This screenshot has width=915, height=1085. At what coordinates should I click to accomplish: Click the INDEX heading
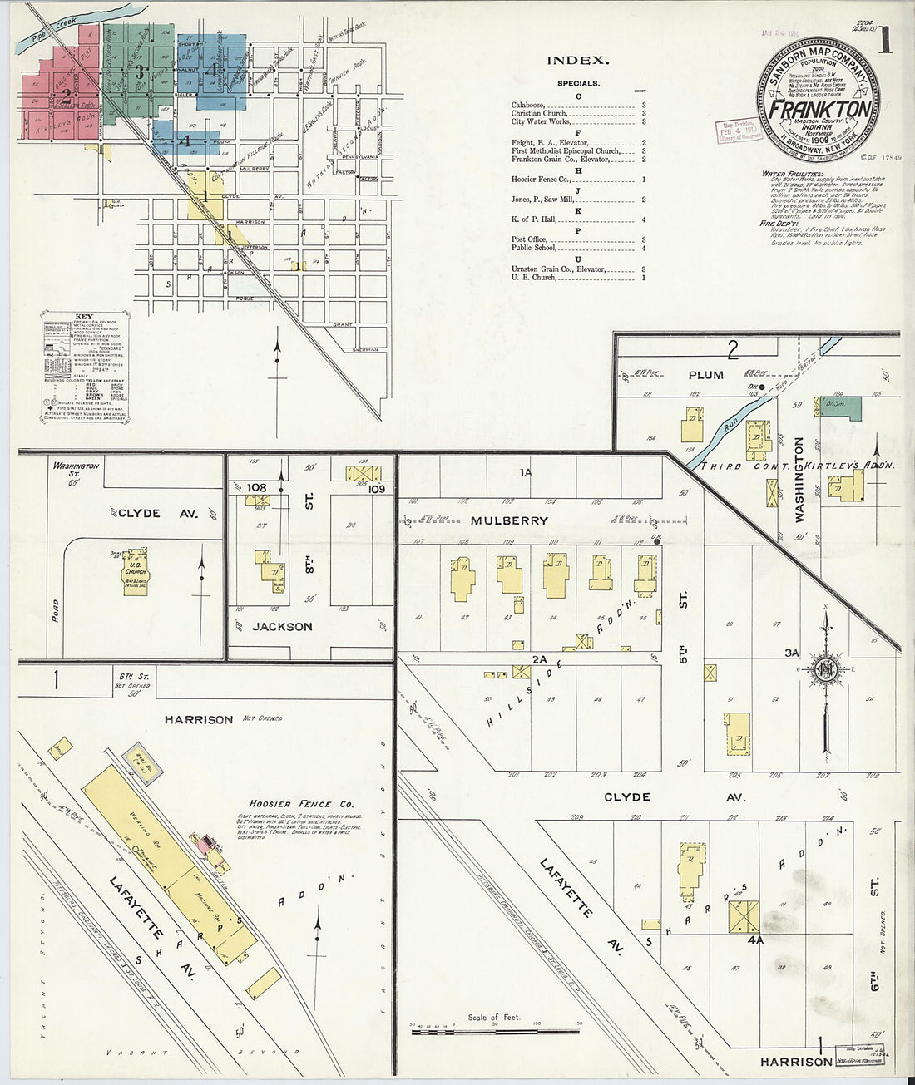point(578,61)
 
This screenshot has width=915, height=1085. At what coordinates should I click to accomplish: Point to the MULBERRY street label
point(522,520)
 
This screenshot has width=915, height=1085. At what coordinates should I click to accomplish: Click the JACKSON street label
point(282,626)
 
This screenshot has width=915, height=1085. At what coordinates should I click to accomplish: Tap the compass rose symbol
point(826,668)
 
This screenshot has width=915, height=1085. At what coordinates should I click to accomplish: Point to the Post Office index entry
point(529,239)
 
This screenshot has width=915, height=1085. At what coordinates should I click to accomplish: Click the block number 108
point(256,487)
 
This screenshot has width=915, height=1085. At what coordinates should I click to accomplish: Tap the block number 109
point(376,489)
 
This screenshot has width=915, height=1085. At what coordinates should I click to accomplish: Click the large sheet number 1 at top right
point(884,42)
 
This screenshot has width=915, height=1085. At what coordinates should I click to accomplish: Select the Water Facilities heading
point(792,174)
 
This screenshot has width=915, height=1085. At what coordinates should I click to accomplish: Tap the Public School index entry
point(533,248)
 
